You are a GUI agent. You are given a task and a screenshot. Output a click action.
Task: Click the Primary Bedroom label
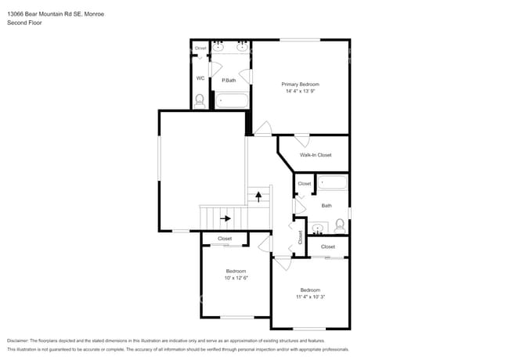[x=301, y=85]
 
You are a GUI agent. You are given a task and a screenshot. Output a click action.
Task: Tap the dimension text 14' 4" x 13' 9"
[x=301, y=92]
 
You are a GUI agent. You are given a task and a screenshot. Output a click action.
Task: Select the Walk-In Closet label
[x=316, y=155]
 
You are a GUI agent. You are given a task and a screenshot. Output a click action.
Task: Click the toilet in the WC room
[x=200, y=100]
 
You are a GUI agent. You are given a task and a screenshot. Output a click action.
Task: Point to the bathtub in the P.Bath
[x=232, y=100]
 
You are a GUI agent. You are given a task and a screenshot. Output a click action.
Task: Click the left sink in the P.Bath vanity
[x=219, y=48]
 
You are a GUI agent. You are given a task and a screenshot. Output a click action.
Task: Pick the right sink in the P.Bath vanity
[x=242, y=48]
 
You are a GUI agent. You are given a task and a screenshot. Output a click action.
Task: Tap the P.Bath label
[x=229, y=80]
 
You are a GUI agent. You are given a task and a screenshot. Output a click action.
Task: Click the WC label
[x=200, y=78]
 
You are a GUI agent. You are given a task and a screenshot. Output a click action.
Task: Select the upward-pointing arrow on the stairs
[x=258, y=196]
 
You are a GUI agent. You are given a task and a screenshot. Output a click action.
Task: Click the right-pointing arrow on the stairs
[x=226, y=218]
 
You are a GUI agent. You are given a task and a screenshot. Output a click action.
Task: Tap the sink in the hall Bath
[x=317, y=229]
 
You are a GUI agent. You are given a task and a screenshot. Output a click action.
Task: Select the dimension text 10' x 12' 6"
[x=236, y=278]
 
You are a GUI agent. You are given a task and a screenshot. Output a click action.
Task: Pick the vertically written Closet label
[x=300, y=237]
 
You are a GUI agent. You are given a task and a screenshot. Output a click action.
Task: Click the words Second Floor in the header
[x=25, y=23]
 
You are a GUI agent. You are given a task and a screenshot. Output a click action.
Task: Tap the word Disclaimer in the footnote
[x=17, y=341]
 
